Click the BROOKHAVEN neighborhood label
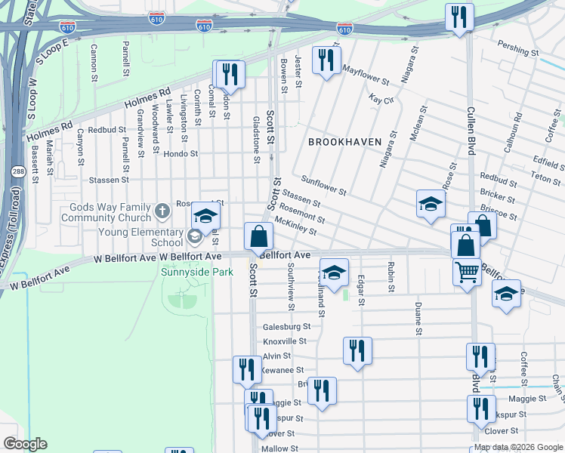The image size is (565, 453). pos(344,142)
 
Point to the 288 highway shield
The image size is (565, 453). pos(17,173)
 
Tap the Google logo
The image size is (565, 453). pos(25,444)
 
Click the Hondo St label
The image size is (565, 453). pos(181,153)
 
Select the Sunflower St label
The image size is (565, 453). pos(323,186)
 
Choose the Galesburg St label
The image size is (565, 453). pos(287,327)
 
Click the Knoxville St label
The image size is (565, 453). pos(285,341)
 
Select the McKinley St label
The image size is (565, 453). pos(296,226)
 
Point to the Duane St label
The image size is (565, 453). pos(418,319)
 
